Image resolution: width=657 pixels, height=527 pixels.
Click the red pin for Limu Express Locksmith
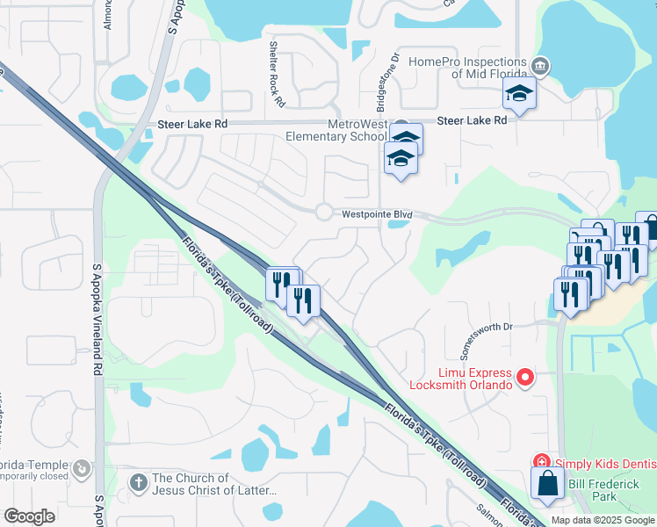[x=525, y=378]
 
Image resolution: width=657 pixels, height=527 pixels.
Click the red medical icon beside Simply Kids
[x=542, y=462]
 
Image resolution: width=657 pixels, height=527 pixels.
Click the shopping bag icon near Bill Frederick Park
[x=548, y=484]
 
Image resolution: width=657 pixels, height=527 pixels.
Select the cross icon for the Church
[x=138, y=482]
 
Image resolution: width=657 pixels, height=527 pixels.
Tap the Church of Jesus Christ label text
[x=214, y=484]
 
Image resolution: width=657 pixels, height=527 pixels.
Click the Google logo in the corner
[x=30, y=516]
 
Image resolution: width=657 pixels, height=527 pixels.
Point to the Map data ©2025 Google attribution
[x=602, y=520]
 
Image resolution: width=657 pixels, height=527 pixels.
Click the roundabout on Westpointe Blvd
[x=323, y=212]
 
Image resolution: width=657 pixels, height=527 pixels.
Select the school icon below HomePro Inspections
[x=519, y=95]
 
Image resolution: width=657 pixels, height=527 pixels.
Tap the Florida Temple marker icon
[x=82, y=468]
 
